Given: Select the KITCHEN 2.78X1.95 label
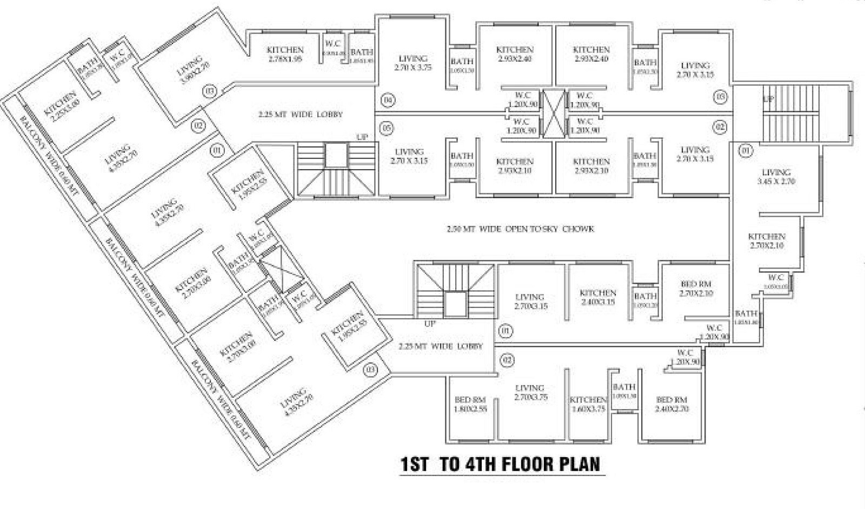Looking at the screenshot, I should (285, 54).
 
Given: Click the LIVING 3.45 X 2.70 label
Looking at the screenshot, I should (776, 177).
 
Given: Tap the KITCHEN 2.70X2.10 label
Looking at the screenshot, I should (767, 241).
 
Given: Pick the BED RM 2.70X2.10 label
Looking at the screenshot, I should (696, 289).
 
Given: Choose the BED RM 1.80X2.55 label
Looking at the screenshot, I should (470, 404).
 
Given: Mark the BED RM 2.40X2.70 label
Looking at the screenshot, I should (671, 404).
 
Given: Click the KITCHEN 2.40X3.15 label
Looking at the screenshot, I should (597, 297).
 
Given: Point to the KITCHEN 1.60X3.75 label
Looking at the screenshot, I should (588, 404).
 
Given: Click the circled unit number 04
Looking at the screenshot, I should (387, 100).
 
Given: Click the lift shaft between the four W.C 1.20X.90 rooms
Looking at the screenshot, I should (554, 113).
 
